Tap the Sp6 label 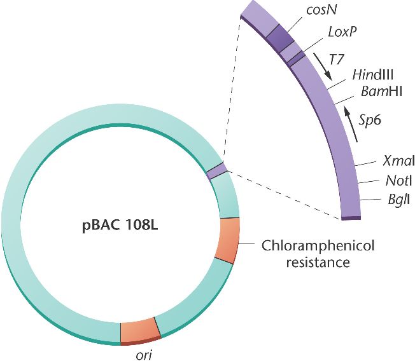pos(369,121)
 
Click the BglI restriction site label pos(395,200)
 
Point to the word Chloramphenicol pos(310,245)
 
